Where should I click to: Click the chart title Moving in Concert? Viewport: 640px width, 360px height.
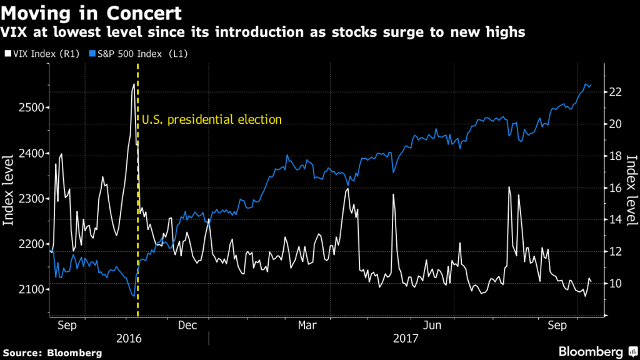[x=92, y=12]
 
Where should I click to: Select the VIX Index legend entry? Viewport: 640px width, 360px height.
[x=41, y=54]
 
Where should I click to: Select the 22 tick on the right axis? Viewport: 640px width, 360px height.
[x=615, y=92]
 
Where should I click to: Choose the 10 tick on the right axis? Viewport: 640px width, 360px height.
[x=615, y=284]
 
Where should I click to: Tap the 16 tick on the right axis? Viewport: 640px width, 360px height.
[x=615, y=188]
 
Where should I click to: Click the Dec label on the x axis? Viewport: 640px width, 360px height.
[x=187, y=325]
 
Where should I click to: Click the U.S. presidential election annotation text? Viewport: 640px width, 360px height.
[x=212, y=120]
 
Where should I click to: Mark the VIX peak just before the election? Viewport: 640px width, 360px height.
[x=134, y=84]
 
